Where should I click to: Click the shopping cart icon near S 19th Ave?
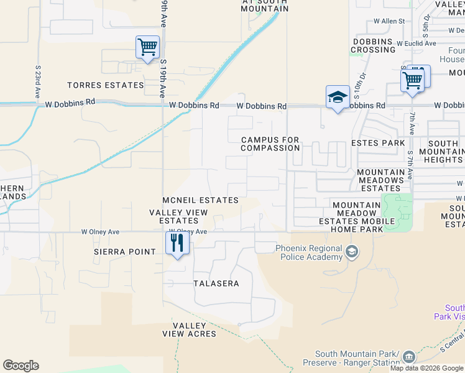pos(148,47)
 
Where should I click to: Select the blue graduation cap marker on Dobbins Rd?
pos(338,97)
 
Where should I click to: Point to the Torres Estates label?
pos(105,85)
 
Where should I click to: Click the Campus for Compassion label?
pos(270,144)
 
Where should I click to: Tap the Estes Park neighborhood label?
pos(378,143)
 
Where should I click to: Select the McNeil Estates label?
pos(200,200)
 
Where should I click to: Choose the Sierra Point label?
pos(124,252)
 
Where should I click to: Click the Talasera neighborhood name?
pos(216,283)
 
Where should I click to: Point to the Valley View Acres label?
pos(194,330)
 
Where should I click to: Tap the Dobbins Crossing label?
pos(373,45)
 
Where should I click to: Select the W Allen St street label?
pos(389,21)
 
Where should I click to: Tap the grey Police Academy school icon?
pos(352,251)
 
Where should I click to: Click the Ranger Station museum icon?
pos(408,357)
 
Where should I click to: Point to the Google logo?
pos(21,366)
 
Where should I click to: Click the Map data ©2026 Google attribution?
pos(426,368)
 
